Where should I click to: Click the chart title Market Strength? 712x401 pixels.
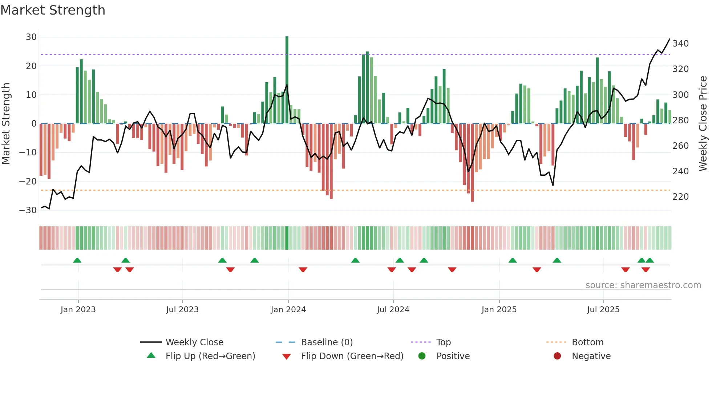(53, 10)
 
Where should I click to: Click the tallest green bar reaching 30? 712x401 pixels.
(287, 80)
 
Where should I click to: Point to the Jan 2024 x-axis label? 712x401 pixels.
(288, 310)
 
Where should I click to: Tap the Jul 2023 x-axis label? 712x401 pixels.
(182, 310)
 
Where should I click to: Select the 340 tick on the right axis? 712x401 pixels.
(680, 44)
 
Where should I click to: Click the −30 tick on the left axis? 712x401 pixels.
(28, 210)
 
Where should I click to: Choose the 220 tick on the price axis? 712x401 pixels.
(680, 197)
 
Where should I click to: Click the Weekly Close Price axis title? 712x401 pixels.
(703, 124)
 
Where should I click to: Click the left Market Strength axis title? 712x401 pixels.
(6, 124)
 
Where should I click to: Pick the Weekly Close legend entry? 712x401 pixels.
(194, 342)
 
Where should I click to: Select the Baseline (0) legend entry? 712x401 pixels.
(327, 342)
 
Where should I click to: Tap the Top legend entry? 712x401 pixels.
(443, 342)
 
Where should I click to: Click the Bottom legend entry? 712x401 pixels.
(587, 342)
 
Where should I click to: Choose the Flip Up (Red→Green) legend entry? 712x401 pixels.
(210, 356)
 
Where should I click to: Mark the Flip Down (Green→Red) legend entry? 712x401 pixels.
(352, 356)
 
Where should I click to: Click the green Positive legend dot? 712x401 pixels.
(422, 356)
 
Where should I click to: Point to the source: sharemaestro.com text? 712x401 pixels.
(643, 285)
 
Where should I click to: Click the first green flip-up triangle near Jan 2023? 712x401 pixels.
(77, 260)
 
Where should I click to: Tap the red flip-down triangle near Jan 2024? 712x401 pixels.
(303, 270)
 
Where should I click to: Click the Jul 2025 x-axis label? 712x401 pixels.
(603, 310)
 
